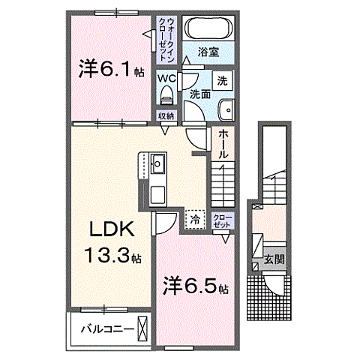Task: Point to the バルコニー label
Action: click(107, 328)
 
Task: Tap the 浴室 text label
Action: click(210, 52)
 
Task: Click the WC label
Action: click(166, 77)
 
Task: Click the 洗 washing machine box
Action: click(223, 80)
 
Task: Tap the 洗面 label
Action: click(199, 94)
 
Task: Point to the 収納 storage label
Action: click(166, 115)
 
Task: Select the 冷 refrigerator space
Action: click(194, 219)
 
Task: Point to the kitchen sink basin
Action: click(159, 162)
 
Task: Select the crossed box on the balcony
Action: click(142, 328)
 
